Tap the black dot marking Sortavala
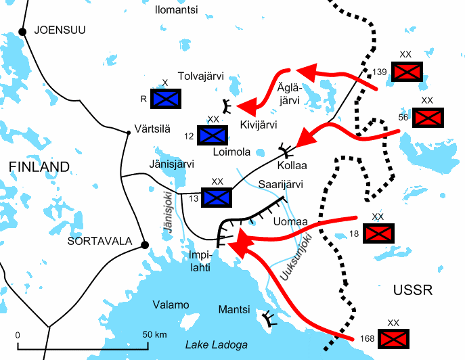pos(143,244)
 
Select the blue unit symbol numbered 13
pos(217,197)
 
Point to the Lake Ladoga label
pos(216,344)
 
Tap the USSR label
pos(412,290)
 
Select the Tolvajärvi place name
pos(200,76)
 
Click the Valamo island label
pos(171,305)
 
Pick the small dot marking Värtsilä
pos(128,132)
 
